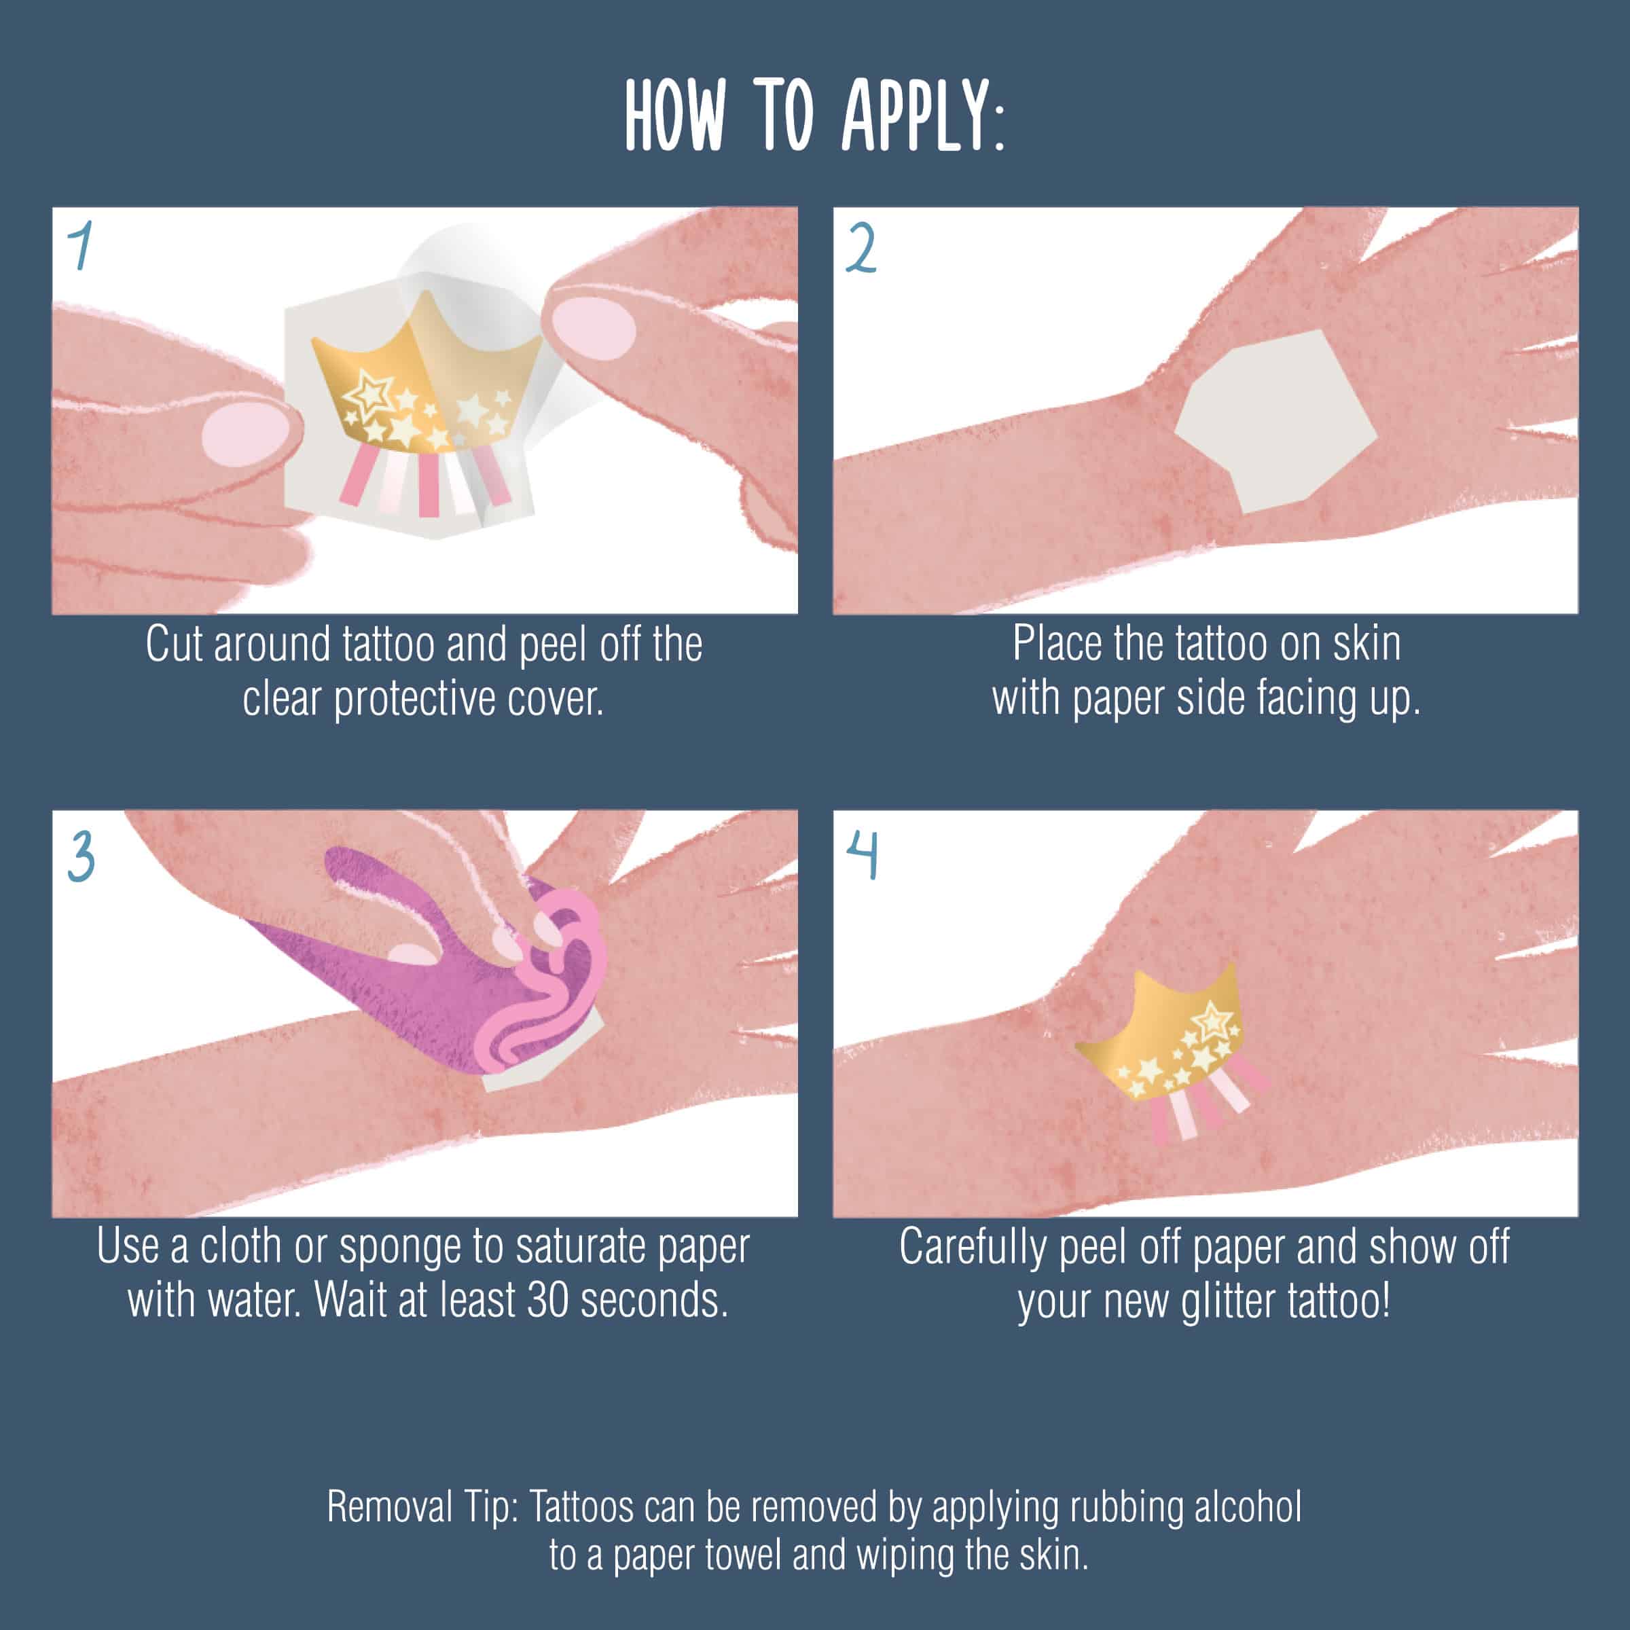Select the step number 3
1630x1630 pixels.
81,856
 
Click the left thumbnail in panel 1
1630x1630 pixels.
243,432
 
